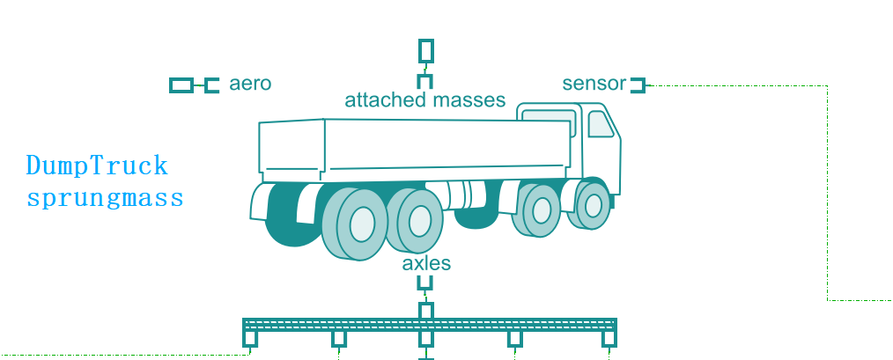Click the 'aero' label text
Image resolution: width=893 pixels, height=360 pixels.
pos(249,84)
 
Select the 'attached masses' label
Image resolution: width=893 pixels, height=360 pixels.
pos(424,99)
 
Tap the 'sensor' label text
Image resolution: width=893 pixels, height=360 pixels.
pos(594,84)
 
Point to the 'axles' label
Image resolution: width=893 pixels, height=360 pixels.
pos(426,263)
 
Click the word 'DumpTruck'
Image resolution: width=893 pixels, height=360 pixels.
pos(96,165)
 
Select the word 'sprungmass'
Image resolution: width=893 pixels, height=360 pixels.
pos(105,197)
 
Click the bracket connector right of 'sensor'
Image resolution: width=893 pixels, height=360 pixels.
pos(638,84)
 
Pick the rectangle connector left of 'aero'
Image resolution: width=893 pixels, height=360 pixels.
pos(181,84)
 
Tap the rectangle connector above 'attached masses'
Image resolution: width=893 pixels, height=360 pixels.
pos(426,49)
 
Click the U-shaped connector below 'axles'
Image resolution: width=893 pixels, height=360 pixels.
pos(426,283)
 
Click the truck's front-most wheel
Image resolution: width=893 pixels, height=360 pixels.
pos(593,206)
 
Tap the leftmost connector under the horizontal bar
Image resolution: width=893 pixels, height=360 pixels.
pos(251,338)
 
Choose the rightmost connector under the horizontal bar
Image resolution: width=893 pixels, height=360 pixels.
pos(609,338)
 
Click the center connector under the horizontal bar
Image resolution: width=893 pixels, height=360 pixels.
pos(426,339)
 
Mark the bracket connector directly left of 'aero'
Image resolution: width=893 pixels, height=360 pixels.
pos(210,84)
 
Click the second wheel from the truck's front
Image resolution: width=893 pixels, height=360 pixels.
pos(541,210)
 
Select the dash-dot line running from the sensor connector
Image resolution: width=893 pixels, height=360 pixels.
pos(828,194)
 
